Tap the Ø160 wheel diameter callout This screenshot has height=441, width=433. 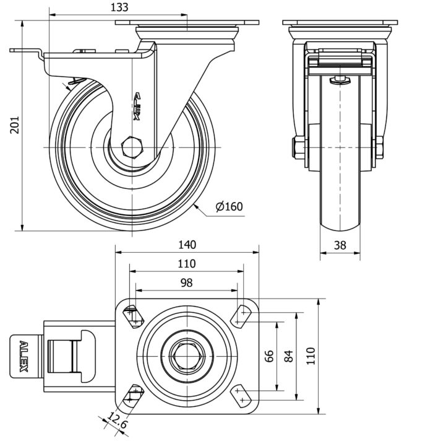point(229,207)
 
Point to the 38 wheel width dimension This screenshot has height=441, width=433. point(340,245)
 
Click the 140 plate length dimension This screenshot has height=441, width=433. point(186,244)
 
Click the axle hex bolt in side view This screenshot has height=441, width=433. point(132,148)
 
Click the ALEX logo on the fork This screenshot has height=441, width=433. point(139,105)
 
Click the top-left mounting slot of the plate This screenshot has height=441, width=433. point(134,317)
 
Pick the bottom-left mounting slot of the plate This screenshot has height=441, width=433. point(134,395)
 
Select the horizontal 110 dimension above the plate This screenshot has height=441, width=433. point(186,264)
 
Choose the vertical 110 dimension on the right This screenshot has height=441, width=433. point(311,357)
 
